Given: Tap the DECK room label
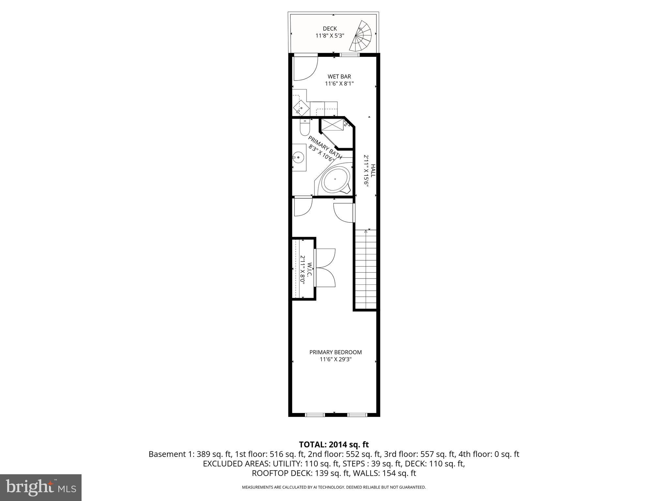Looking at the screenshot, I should [x=330, y=29].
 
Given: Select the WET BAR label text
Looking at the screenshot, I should [x=339, y=77].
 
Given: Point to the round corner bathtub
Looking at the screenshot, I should [x=336, y=180].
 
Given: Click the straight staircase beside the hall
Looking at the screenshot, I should [x=366, y=269].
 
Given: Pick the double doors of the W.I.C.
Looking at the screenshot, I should [x=326, y=268].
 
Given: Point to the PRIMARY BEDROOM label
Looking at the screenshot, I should [x=335, y=352].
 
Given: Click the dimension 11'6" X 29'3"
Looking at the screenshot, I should [x=335, y=359].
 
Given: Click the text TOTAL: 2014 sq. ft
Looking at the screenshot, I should [x=334, y=445].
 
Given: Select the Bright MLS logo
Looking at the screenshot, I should [x=41, y=487].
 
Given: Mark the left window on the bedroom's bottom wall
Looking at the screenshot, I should [x=315, y=415].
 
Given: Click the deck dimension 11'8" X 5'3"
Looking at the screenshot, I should [x=330, y=36].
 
